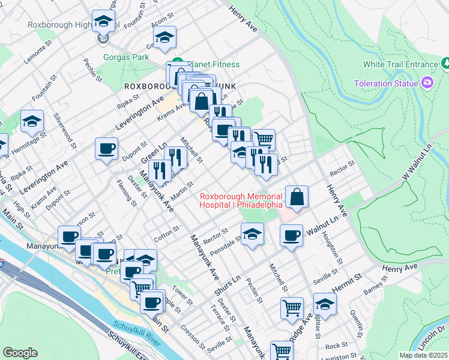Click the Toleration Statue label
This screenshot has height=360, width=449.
point(385,83)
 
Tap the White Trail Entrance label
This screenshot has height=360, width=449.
point(400,64)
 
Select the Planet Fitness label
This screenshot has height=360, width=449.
point(213,64)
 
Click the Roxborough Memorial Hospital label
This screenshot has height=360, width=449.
point(241,200)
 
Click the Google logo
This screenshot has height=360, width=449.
point(20,353)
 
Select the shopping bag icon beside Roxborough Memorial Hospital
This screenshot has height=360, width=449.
point(297,197)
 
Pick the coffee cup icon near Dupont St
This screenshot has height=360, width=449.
point(106,149)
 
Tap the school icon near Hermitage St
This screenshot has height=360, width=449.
point(32,122)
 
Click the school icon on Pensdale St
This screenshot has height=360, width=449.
point(253,234)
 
